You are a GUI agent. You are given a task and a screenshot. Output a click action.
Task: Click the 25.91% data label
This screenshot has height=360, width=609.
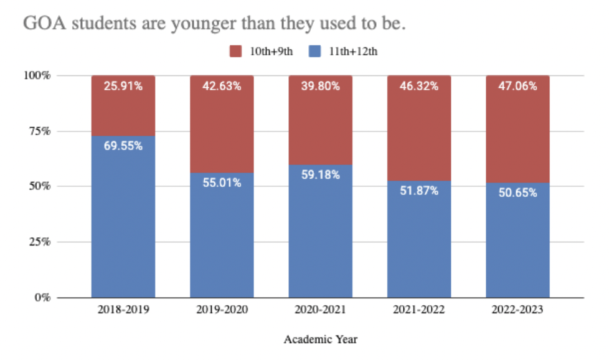(123, 87)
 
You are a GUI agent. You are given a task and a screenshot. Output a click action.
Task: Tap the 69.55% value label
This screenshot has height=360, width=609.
(123, 146)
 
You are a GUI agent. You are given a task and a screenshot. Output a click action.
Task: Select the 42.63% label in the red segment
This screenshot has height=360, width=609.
(222, 87)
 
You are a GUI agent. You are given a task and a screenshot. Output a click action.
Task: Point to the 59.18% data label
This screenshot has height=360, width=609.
(320, 175)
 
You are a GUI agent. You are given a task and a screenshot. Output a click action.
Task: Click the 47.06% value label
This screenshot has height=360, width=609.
(517, 87)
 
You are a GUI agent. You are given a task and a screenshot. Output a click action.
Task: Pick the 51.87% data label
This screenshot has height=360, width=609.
(419, 191)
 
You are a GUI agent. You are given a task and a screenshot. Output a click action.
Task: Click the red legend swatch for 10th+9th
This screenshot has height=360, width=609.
(235, 51)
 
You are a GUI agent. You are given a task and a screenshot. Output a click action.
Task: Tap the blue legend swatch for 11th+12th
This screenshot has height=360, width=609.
(316, 51)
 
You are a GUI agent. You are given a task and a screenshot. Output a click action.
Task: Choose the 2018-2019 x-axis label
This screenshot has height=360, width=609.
(123, 310)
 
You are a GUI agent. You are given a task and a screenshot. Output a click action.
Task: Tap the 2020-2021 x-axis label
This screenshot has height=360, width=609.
(320, 310)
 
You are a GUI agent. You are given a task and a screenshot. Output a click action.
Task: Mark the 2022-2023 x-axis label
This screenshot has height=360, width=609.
(517, 310)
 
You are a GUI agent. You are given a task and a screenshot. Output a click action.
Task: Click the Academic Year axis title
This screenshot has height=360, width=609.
(321, 339)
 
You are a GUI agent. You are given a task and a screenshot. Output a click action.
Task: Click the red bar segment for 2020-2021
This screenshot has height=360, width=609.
(320, 125)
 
